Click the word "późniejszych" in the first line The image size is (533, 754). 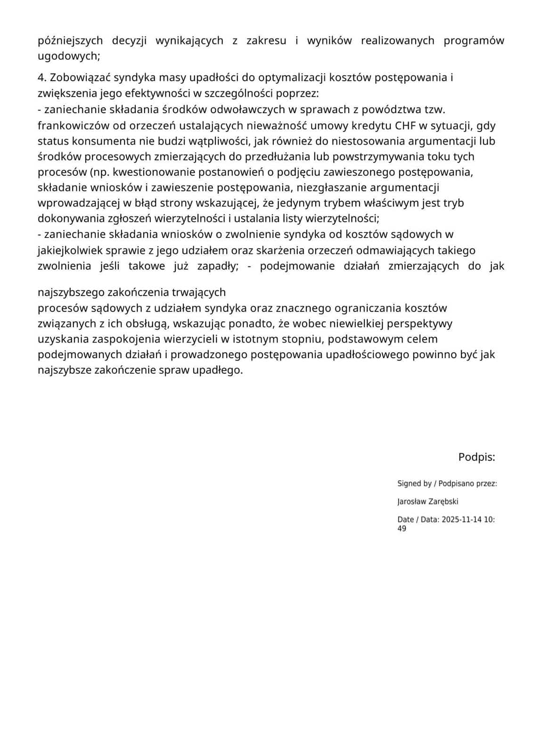[x=70, y=41]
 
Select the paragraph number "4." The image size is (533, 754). [x=42, y=77]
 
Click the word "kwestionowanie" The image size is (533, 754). [x=149, y=172]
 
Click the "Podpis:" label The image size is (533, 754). [x=476, y=457]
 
